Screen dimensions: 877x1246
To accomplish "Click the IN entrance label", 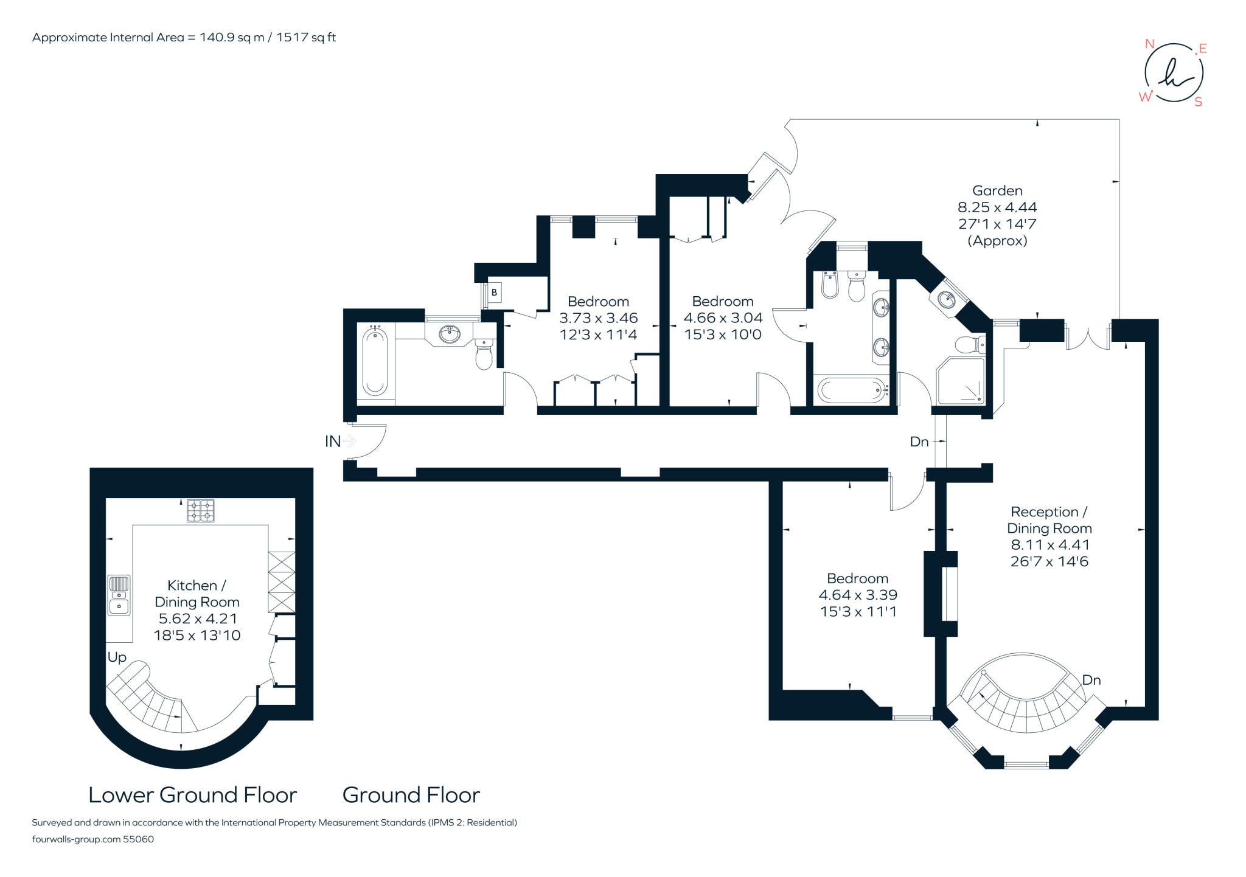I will point(332,442).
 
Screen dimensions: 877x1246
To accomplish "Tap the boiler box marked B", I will point(494,293).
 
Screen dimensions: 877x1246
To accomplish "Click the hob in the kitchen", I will point(200,510).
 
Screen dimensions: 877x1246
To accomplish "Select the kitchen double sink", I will point(119,595).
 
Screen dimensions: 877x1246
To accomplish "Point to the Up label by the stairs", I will point(117,657).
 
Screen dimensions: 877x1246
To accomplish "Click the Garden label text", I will point(997,191).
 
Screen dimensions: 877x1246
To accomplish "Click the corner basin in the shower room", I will point(947,299).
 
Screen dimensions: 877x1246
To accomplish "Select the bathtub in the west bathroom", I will point(375,361).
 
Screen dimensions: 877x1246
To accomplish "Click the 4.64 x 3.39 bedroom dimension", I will point(857,595).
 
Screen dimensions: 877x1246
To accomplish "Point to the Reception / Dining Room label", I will point(1049,520).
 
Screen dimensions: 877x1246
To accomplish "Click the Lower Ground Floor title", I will point(192,795).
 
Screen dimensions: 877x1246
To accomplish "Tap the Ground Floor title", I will point(411,795).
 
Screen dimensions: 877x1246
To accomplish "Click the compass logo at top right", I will point(1174,73).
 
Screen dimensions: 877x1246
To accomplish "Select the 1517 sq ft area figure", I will point(306,38).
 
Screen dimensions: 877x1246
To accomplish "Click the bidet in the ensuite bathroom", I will point(829,285).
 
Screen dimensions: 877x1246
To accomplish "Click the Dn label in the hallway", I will point(919,442).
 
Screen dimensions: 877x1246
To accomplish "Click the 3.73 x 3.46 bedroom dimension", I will point(598,318).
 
